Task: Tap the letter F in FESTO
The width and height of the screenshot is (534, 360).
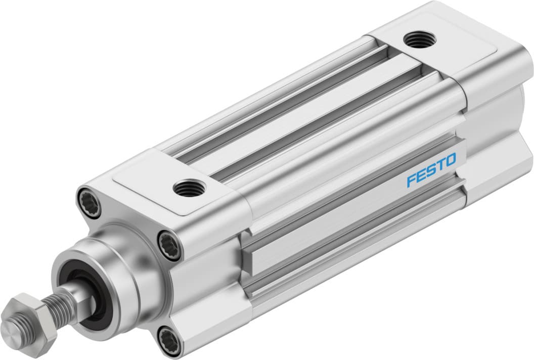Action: tap(411, 180)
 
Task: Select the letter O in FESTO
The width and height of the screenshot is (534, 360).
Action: tap(450, 160)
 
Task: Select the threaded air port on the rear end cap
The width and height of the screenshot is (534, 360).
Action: tap(419, 39)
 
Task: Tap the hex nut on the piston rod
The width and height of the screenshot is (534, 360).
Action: tap(27, 318)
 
